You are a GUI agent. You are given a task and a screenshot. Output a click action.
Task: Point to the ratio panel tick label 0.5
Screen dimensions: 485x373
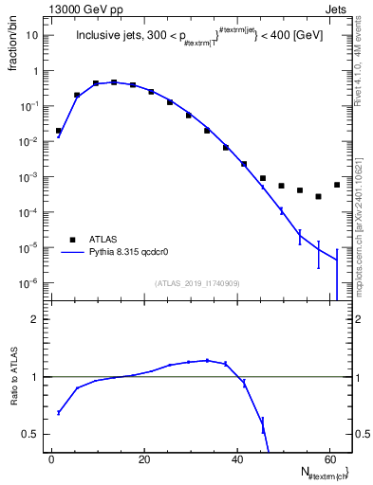[x=30, y=434]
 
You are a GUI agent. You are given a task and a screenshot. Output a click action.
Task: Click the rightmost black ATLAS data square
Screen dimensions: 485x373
[x=337, y=185]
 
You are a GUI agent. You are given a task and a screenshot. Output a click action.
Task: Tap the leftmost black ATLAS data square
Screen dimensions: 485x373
[x=59, y=131]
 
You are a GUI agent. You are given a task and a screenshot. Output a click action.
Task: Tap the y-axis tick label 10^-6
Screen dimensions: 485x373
[x=32, y=283]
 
